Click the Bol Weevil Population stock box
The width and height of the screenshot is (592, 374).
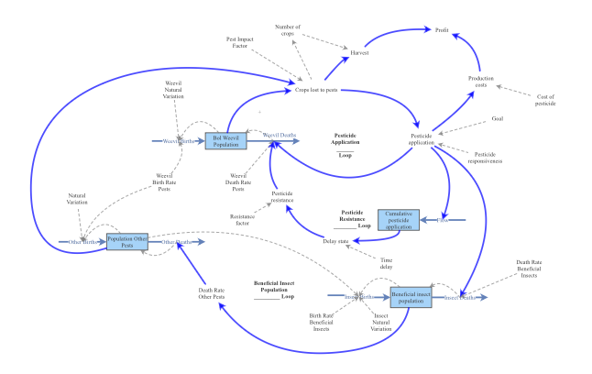pyautogui.click(x=225, y=140)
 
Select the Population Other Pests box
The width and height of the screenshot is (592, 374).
pyautogui.click(x=127, y=241)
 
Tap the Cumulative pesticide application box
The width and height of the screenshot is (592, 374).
pyautogui.click(x=399, y=220)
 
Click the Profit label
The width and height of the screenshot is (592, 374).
pyautogui.click(x=442, y=29)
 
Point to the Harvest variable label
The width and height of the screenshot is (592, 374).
pyautogui.click(x=359, y=53)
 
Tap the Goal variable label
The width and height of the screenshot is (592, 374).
pyautogui.click(x=497, y=118)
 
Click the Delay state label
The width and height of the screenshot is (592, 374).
pyautogui.click(x=336, y=241)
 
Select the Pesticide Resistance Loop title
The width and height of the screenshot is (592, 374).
pyautogui.click(x=356, y=218)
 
